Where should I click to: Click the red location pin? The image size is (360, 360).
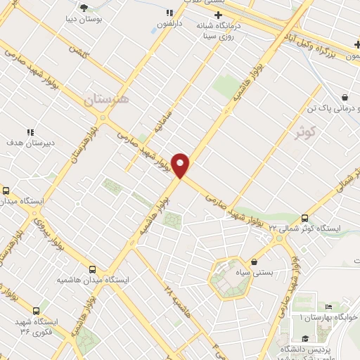(x=181, y=165)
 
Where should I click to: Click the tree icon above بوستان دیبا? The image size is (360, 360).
(x=84, y=7)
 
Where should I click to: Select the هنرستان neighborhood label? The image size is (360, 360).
(x=106, y=101)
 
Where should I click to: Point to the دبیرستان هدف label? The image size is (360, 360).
(x=30, y=142)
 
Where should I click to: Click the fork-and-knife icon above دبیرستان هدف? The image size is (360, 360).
(x=30, y=131)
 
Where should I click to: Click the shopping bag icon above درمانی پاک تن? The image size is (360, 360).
(x=345, y=98)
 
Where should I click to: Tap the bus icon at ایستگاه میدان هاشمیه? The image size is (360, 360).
(x=92, y=269)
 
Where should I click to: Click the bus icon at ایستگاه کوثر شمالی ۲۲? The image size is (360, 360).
(x=304, y=218)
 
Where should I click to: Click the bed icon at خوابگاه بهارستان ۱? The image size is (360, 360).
(x=329, y=308)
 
